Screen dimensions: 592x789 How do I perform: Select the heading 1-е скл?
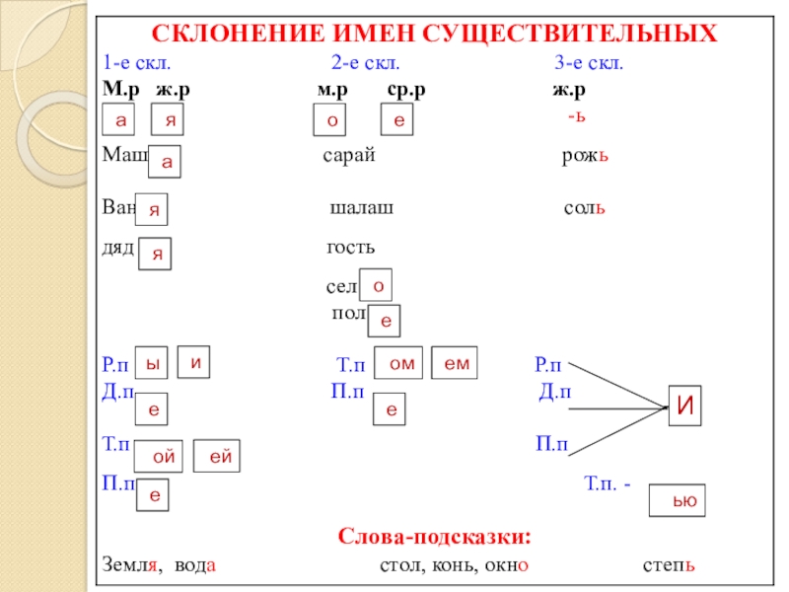137,63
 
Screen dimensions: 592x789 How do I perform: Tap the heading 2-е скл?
365,63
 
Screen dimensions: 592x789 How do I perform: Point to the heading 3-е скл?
588,63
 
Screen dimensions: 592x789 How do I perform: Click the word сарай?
349,157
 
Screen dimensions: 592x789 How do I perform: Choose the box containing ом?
400,364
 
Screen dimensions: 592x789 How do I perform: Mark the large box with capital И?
687,405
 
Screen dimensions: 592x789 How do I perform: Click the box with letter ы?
151,363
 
